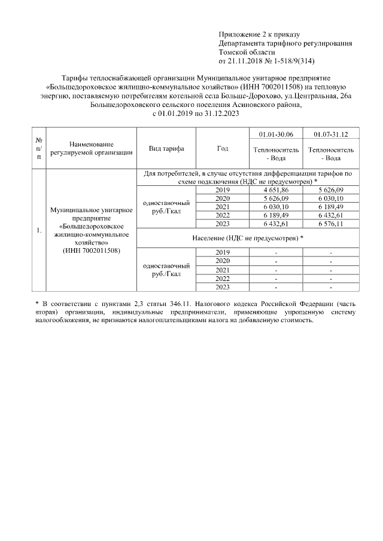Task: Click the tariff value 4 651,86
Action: click(x=275, y=189)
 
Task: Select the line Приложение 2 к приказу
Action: click(x=259, y=34)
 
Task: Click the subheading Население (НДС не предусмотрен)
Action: click(x=247, y=238)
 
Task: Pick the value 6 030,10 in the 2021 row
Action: click(x=275, y=206)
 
